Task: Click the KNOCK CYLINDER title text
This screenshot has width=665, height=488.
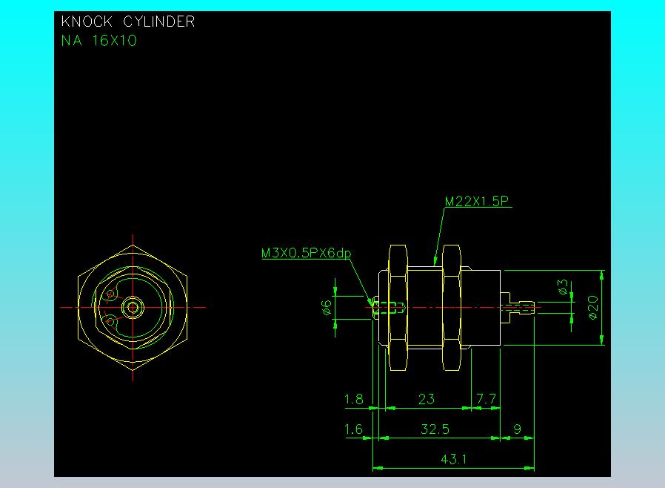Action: [128, 22]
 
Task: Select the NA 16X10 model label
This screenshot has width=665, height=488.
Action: [98, 41]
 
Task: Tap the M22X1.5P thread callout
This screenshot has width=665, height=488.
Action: [478, 201]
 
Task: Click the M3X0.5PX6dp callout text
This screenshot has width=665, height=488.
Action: [306, 254]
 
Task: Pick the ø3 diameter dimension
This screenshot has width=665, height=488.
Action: [562, 288]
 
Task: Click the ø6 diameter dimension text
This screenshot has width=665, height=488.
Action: [327, 307]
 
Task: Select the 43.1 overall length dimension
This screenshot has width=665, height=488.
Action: [453, 459]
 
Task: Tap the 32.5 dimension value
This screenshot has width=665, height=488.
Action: [435, 429]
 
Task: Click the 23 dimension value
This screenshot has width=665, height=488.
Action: [427, 399]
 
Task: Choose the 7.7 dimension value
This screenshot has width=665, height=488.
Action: [486, 399]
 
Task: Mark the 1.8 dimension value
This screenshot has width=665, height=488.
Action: [354, 399]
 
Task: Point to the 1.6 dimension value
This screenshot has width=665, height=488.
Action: [354, 429]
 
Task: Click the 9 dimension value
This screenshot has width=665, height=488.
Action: [517, 429]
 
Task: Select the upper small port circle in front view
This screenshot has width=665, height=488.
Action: [112, 294]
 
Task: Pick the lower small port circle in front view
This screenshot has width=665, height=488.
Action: [112, 320]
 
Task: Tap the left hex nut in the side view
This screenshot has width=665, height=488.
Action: [397, 307]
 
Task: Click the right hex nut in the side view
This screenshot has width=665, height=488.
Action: [452, 307]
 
